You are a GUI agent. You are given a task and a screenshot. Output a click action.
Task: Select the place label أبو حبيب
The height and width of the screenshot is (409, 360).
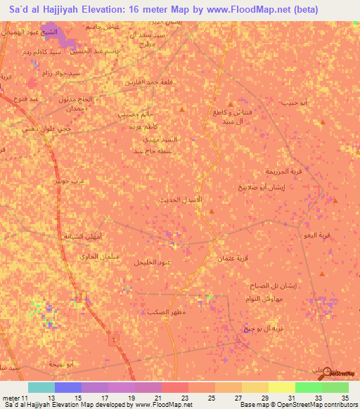click(294, 103)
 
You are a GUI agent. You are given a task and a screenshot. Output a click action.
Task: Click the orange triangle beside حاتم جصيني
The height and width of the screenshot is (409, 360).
click(184, 110)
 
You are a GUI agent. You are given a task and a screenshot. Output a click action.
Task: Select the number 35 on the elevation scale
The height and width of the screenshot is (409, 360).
click(345, 398)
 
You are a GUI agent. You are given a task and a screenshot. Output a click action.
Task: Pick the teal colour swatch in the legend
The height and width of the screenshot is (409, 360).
click(41, 387)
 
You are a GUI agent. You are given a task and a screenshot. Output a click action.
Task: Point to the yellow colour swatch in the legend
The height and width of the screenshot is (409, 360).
click(281, 387)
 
